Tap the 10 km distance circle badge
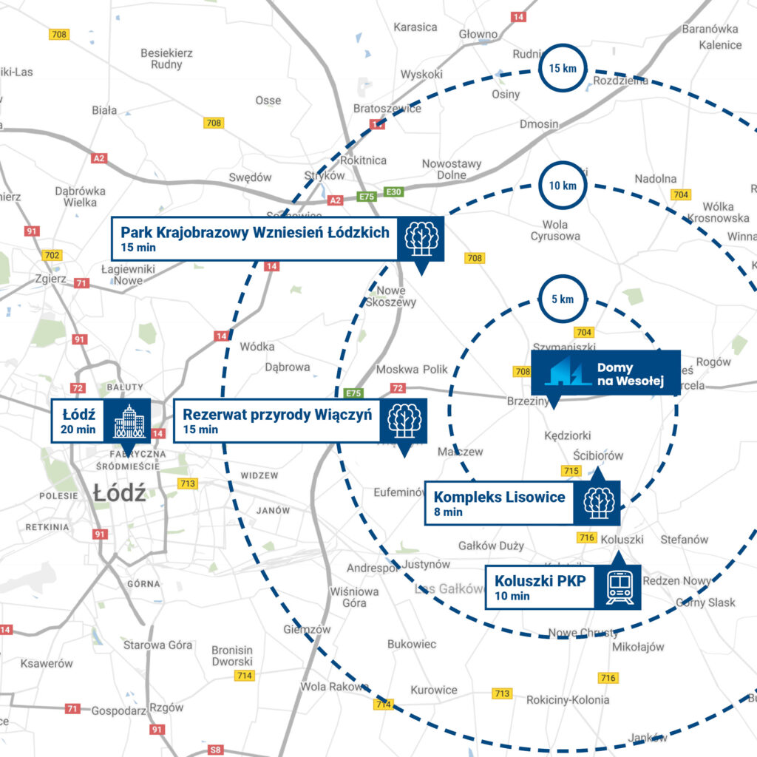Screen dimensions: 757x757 563,186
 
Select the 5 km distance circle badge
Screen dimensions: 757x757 563,300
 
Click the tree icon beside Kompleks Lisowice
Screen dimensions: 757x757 599,503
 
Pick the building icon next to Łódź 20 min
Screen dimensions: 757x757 128,421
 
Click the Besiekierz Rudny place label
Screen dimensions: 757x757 167,59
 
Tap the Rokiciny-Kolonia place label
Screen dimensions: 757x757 568,699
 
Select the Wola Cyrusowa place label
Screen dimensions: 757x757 555,231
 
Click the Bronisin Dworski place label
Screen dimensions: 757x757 232,656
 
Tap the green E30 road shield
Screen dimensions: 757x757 394,192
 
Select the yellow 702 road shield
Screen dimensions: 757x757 52,256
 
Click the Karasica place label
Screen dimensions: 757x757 415,27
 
